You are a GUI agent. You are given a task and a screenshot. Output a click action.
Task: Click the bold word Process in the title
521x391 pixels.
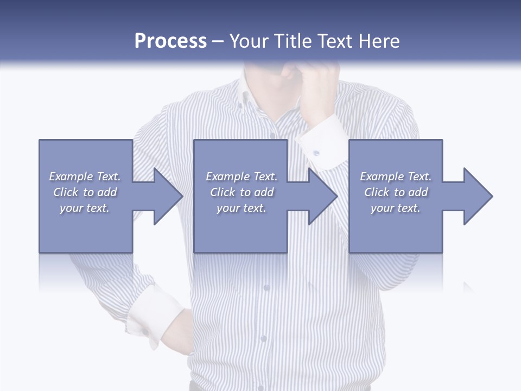click(x=170, y=41)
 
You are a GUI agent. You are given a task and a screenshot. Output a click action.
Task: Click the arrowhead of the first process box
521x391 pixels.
click(x=168, y=196)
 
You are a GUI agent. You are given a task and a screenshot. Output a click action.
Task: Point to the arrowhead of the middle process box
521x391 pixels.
click(x=323, y=196)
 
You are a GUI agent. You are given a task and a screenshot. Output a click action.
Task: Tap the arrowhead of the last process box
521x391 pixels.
click(x=478, y=196)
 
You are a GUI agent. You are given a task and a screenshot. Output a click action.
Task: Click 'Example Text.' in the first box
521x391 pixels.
click(x=85, y=176)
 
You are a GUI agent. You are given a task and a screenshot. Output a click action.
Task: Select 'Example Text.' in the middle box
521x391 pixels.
click(x=242, y=176)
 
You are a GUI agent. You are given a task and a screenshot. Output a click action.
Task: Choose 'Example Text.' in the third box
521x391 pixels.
click(x=396, y=176)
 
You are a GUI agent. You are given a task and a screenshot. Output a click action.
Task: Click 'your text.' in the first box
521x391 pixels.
click(x=85, y=208)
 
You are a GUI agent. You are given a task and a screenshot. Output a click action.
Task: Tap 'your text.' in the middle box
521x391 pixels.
click(x=242, y=208)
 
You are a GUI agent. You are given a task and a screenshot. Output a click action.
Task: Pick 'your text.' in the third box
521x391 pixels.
click(x=396, y=208)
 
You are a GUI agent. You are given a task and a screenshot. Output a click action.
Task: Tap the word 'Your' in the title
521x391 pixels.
click(x=247, y=41)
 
